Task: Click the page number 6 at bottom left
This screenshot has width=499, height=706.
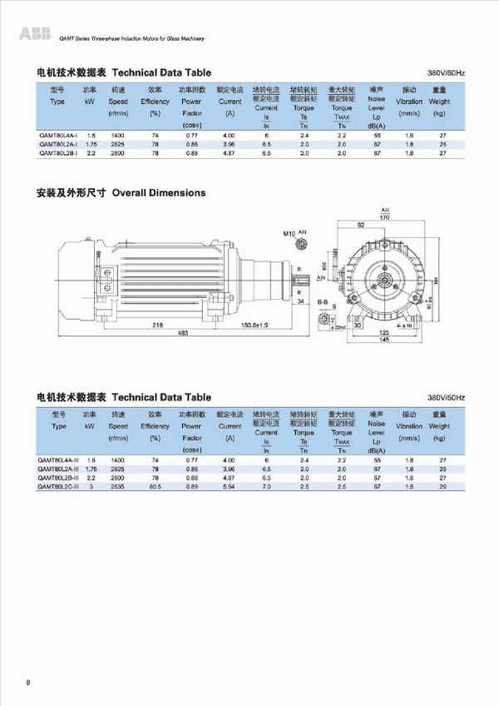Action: [x=29, y=682]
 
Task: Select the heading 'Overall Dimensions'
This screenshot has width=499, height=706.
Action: [x=159, y=192]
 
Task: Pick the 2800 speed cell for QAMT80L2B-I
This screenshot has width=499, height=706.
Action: [x=117, y=153]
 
